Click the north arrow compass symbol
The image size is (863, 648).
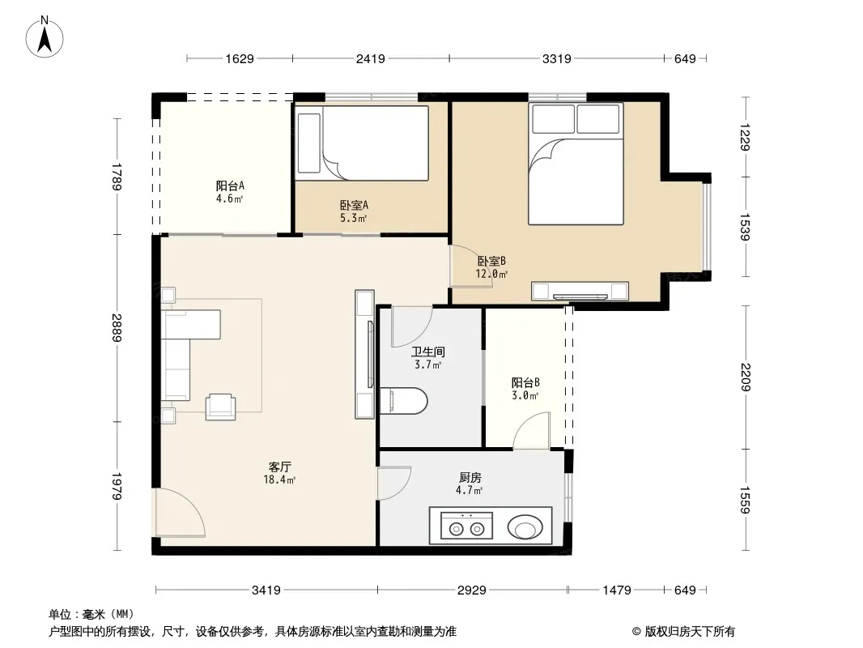coord(45,37)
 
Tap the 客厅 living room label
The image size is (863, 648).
coord(279,467)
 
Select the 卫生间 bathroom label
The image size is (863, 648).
coord(428,352)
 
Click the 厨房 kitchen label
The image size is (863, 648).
coord(470,478)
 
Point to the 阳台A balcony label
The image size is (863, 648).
coord(230,186)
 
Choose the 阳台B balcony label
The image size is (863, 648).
coord(525,382)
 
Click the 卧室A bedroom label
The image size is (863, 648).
coord(354,206)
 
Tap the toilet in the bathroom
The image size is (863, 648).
coord(403,400)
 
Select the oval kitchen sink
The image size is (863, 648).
coord(525,526)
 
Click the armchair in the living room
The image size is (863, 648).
coord(221,407)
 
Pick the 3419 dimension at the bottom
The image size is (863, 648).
coord(266,590)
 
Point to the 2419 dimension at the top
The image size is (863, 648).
coord(371,58)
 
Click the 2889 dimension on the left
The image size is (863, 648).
coord(116,327)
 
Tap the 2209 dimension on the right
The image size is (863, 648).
coord(746,377)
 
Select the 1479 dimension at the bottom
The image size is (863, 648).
coord(616,590)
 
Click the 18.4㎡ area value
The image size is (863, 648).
coord(279,480)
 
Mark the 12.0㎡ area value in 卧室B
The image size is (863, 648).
coord(491,274)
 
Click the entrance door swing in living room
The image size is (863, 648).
coord(180,511)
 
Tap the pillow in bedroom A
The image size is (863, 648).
coord(308,143)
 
